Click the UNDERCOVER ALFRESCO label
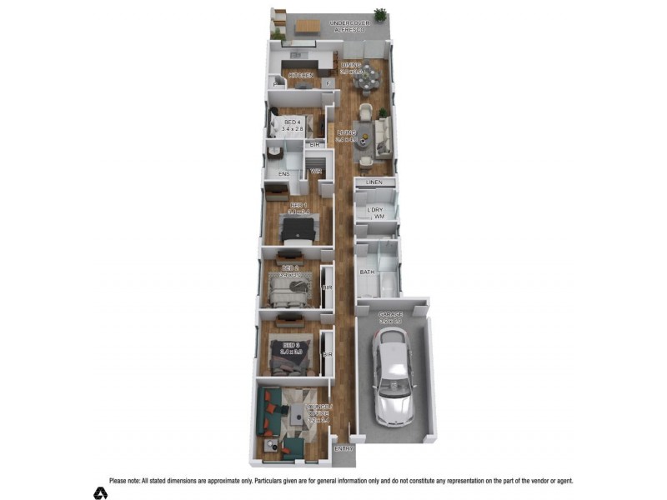tap(349, 26)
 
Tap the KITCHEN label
tap(301, 76)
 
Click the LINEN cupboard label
tap(374, 182)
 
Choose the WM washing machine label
tap(379, 217)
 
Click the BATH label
tap(367, 272)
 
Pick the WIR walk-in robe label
tap(316, 172)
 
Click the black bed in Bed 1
tap(298, 228)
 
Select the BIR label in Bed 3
tap(327, 354)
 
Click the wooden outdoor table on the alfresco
tap(306, 27)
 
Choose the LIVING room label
tap(346, 133)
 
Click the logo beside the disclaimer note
tap(100, 492)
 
